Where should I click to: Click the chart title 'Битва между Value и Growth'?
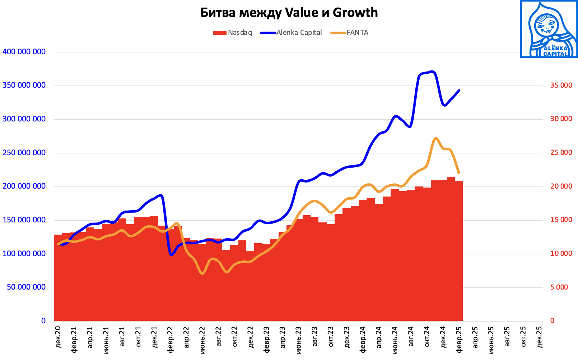[289, 13]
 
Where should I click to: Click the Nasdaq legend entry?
[233, 33]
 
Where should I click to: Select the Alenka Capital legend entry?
[292, 33]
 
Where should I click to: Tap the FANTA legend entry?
[350, 33]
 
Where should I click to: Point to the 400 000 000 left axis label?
[24, 52]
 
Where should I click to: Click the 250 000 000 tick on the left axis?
[24, 153]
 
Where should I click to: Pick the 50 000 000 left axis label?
[26, 287]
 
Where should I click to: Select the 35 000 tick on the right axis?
[561, 86]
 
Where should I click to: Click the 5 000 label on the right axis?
[559, 287]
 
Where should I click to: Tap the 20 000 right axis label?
[561, 186]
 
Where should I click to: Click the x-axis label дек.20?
[58, 337]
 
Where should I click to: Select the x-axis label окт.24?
[427, 337]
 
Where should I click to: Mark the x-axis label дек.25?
[540, 337]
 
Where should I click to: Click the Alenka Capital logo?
[549, 29]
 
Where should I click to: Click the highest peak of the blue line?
[432, 71]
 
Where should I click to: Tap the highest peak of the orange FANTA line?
[435, 138]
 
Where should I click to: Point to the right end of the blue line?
[459, 90]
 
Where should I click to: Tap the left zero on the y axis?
[43, 321]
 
